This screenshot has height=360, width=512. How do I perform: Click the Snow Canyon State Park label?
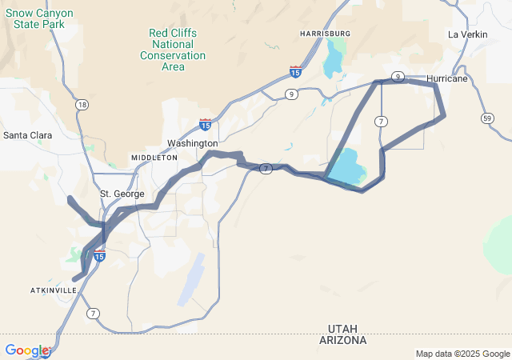(x=44, y=18)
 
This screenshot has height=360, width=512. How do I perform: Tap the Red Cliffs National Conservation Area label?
(x=173, y=50)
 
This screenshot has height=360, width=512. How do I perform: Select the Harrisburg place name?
(x=326, y=33)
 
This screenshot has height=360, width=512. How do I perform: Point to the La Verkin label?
(x=467, y=34)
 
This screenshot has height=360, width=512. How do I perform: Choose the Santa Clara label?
(x=28, y=135)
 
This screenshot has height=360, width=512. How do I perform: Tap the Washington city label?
(x=192, y=143)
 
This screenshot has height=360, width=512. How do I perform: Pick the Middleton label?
(x=154, y=158)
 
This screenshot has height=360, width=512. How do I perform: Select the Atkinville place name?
(x=54, y=290)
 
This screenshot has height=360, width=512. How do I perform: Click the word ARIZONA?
(x=347, y=340)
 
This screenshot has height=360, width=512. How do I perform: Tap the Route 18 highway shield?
(x=82, y=105)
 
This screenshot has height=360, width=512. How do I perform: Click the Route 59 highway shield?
(x=487, y=118)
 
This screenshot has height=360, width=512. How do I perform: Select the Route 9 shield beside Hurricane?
(x=398, y=76)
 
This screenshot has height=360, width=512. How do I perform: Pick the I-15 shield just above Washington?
(x=206, y=125)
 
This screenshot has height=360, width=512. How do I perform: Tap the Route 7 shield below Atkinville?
(x=94, y=312)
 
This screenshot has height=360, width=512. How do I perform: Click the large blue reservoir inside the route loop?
(x=346, y=167)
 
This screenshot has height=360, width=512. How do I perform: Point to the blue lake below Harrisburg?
(x=332, y=60)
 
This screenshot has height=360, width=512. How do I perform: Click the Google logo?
(x=26, y=350)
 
